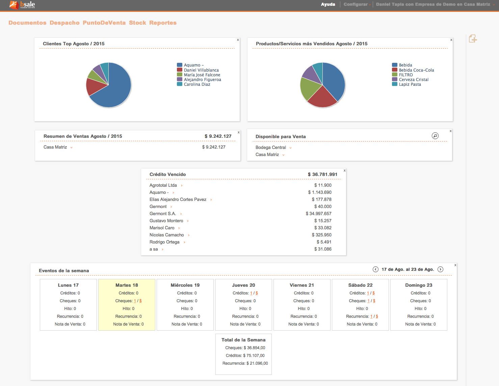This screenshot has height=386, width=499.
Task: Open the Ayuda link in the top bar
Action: point(328,4)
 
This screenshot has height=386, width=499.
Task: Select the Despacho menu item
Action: point(64,23)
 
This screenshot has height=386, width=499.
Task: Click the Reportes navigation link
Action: point(163,23)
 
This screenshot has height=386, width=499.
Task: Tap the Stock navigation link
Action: point(137,23)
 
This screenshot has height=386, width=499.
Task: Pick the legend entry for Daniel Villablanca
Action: point(201,70)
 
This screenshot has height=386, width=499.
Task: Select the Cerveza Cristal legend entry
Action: point(413,79)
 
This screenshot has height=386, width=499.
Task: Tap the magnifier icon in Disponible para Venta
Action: point(435,136)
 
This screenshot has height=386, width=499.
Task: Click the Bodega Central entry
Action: point(271,148)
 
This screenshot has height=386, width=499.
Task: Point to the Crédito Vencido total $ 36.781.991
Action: point(322,174)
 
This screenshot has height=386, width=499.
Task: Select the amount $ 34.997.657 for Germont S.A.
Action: point(318,213)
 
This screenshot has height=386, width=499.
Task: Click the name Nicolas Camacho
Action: point(167,235)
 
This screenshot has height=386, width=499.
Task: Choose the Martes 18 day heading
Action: point(127,285)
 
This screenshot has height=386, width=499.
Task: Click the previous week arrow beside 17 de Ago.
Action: point(375,269)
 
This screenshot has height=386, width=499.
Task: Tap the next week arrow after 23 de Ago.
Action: point(440,269)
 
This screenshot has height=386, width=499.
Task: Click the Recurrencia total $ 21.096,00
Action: point(245,363)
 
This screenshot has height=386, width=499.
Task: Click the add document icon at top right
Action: point(473,39)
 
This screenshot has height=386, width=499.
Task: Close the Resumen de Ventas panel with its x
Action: point(239,132)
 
